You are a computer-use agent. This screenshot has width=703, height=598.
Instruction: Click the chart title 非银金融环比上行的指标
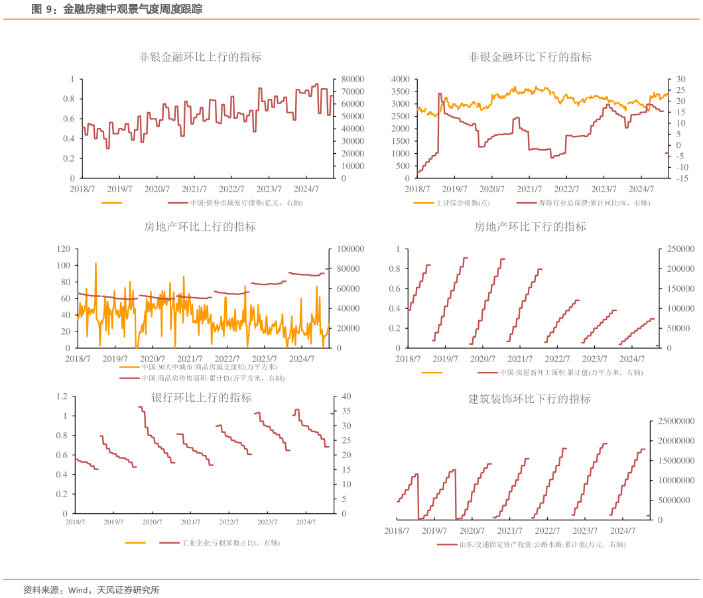coord(200,57)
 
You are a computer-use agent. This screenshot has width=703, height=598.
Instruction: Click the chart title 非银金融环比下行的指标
coord(530,57)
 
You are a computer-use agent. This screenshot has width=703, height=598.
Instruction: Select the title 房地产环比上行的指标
coord(200,227)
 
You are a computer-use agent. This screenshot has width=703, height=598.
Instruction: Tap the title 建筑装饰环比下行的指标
coord(529,399)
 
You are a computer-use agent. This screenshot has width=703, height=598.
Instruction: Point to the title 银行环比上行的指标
coord(201,398)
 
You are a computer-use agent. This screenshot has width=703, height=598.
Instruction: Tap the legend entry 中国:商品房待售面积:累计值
coord(212,378)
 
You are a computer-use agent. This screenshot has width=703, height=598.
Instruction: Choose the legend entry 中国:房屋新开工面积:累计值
coord(570,373)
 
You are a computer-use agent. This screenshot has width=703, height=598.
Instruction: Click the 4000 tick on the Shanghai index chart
coord(401,79)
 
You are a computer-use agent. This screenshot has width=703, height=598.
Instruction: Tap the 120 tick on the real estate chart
coord(64,249)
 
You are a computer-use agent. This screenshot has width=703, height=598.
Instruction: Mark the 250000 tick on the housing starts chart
coord(678,249)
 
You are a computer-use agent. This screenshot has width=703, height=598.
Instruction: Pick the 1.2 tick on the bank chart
coord(62,396)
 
